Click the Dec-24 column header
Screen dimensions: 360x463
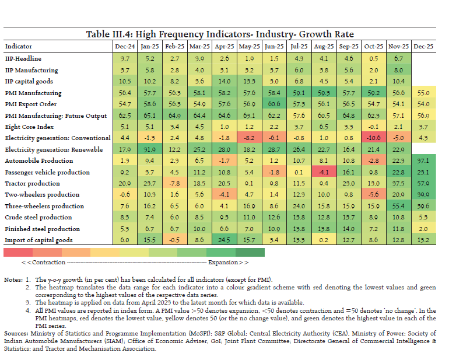point(125,46)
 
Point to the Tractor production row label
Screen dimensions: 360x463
point(32,183)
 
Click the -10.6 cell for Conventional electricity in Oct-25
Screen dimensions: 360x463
point(374,138)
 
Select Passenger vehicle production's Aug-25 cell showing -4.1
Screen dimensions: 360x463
point(324,172)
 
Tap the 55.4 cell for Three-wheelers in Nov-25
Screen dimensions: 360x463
point(399,206)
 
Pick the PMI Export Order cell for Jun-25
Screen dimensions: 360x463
point(274,104)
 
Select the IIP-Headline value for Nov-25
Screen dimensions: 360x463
point(399,59)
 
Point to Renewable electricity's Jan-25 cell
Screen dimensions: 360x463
point(150,149)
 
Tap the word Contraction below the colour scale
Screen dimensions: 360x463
point(51,263)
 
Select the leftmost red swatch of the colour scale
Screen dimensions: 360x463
point(17,252)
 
